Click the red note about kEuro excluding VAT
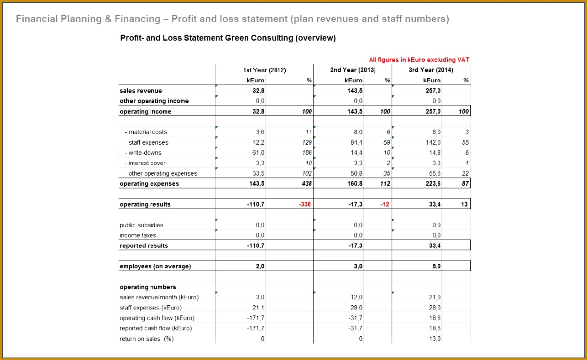point(419,60)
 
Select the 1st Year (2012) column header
point(264,70)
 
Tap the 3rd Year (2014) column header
point(431,70)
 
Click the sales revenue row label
point(141,91)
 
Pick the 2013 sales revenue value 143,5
point(355,91)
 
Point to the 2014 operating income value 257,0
point(433,111)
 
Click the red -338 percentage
point(305,204)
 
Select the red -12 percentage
point(385,204)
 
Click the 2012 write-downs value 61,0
point(258,152)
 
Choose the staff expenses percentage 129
point(307,142)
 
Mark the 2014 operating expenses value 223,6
point(433,183)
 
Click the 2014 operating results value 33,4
point(435,204)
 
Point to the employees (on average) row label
point(155,266)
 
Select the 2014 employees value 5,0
point(436,266)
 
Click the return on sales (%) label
point(147,339)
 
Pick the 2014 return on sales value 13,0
point(435,339)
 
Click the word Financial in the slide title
point(37,19)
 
